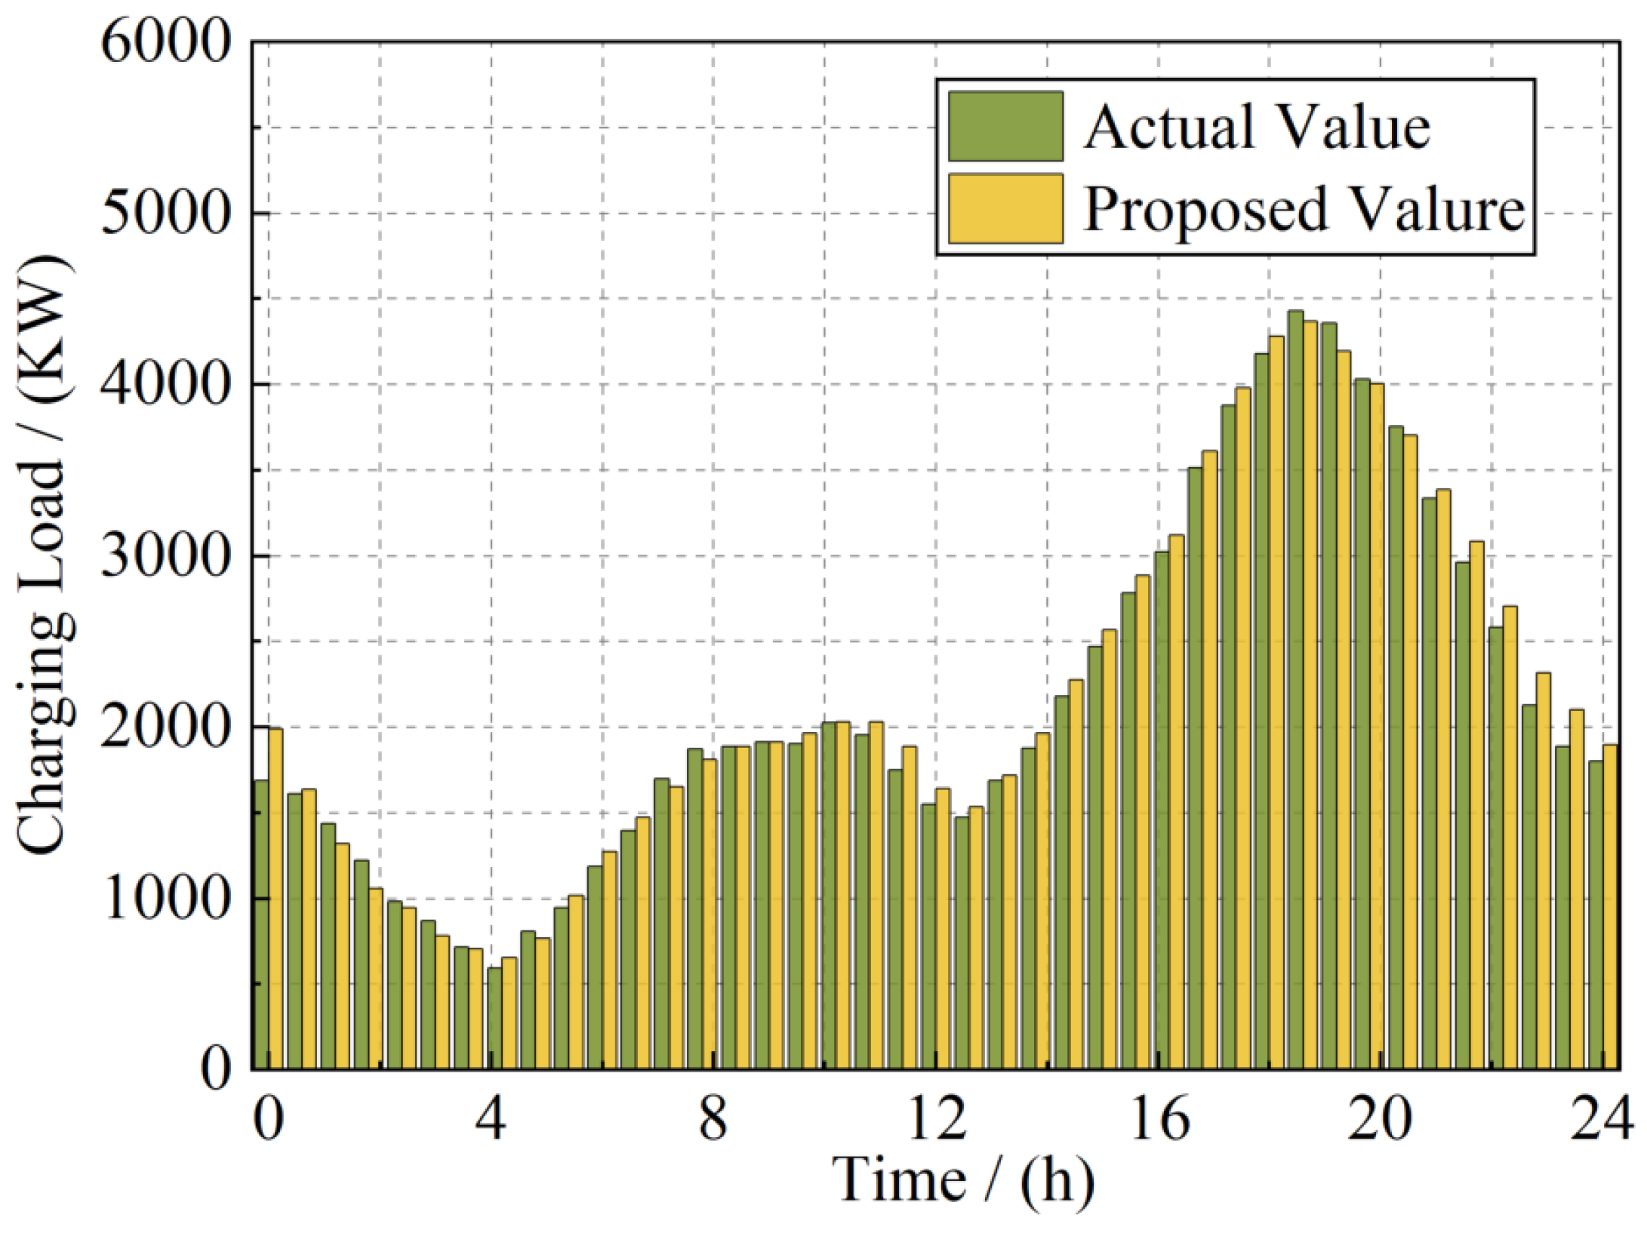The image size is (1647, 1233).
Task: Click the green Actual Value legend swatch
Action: (1005, 126)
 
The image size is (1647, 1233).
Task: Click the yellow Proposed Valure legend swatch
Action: (1005, 209)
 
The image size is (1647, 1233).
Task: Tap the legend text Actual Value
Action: (1257, 128)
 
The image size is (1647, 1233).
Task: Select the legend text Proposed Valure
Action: (1304, 209)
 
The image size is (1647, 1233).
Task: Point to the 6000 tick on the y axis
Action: (165, 42)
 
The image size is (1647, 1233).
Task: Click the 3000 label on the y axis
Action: (165, 556)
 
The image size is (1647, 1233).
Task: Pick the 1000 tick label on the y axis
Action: (165, 899)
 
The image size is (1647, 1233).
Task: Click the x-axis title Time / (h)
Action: (963, 1179)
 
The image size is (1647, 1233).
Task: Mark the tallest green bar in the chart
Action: (1295, 690)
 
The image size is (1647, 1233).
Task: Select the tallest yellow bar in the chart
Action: (1310, 694)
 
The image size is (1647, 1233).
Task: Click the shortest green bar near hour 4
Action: (494, 1018)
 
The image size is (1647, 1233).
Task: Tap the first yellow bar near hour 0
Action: (276, 898)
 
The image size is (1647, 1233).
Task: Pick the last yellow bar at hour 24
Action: (1611, 906)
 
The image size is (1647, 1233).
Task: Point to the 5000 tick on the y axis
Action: (165, 214)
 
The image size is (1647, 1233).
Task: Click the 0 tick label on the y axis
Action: (215, 1070)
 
